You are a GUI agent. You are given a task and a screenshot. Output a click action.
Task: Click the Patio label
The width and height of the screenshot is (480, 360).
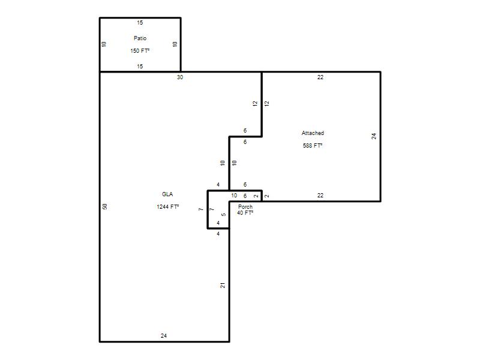(x=140, y=38)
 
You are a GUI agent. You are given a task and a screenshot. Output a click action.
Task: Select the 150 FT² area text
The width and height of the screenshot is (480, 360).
(x=140, y=51)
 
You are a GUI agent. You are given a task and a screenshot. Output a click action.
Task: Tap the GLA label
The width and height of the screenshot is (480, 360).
(x=167, y=194)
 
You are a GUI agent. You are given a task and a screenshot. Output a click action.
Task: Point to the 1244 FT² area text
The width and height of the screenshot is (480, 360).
(x=168, y=206)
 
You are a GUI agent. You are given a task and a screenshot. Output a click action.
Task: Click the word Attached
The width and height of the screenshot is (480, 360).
(x=313, y=133)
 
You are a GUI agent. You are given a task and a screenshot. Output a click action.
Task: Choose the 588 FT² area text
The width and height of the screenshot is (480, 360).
(x=313, y=146)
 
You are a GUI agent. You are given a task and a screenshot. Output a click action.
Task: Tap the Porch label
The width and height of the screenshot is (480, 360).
(x=245, y=207)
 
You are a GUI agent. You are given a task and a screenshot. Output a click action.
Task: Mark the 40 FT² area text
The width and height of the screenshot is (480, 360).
(x=245, y=213)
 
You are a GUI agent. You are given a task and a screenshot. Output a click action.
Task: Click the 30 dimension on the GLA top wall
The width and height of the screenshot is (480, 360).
(x=180, y=77)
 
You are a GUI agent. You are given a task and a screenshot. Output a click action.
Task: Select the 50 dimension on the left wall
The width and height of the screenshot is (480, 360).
(x=104, y=206)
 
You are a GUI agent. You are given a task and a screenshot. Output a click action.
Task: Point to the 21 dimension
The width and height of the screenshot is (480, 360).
(x=223, y=286)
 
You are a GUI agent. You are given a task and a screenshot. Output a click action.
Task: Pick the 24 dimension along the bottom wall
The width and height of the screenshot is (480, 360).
(x=164, y=336)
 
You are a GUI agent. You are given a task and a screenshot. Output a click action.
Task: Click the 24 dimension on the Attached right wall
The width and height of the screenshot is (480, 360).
(x=374, y=136)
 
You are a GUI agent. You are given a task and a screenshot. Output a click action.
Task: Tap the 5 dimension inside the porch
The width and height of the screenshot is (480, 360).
(x=223, y=215)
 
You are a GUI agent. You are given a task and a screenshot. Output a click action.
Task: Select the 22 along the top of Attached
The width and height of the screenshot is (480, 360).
(x=320, y=77)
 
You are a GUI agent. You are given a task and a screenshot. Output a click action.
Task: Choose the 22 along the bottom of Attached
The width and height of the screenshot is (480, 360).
(x=320, y=196)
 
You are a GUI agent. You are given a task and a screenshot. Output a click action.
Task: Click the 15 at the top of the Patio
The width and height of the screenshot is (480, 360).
(x=140, y=23)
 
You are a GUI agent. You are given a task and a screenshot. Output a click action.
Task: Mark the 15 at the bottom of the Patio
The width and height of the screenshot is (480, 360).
(x=140, y=67)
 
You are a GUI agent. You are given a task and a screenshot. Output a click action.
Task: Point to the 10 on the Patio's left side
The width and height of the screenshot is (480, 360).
(x=104, y=44)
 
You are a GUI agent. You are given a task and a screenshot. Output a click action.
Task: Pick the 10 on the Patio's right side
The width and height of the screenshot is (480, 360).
(x=175, y=44)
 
